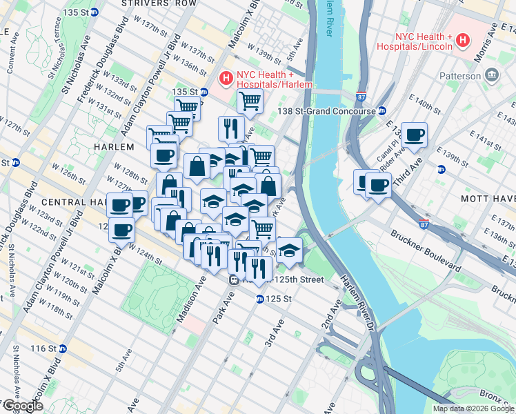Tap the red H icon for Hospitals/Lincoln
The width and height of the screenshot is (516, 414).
(x=464, y=41)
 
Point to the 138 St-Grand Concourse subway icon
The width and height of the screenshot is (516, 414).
(x=381, y=110)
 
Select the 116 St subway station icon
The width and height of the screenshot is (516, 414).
(x=62, y=348)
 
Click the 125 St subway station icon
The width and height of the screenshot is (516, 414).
(x=260, y=299)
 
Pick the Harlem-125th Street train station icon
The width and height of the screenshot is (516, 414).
(x=235, y=279)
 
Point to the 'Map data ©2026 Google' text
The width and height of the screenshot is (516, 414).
(x=473, y=408)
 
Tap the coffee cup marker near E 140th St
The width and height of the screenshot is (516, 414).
(x=414, y=135)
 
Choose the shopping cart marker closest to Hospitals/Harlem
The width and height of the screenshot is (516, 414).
(x=250, y=101)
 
